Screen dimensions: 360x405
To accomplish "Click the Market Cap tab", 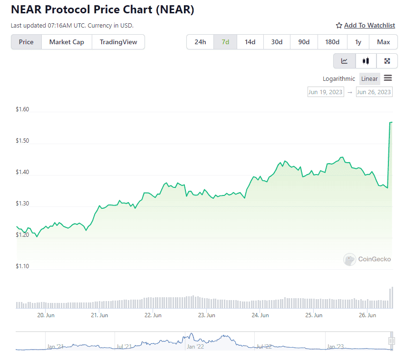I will pos(67,42).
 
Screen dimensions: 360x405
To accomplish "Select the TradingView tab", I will pos(118,42).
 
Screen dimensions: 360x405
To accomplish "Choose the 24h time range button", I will pos(200,42).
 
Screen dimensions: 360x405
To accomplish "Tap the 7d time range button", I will pos(225,42).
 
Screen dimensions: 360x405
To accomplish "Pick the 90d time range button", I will pos(304,42).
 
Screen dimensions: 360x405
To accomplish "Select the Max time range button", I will pos(383,42).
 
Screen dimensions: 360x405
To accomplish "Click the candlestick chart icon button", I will pos(366,61).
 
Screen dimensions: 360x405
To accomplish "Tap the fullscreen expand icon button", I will pos(387,61).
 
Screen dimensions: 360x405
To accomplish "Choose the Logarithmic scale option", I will pos(338,79).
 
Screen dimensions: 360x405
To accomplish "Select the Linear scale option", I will pos(369,79).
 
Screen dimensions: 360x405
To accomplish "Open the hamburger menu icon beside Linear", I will pos(388,78).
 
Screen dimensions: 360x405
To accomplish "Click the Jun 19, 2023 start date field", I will pos(325,92).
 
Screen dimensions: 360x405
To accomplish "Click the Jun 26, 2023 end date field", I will pos(374,92).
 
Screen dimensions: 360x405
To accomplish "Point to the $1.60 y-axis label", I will pos(22,109).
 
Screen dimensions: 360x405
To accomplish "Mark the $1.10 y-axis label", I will pos(22,266).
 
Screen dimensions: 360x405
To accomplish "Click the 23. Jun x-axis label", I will pos(207,315).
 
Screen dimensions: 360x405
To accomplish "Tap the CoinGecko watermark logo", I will pos(367,259).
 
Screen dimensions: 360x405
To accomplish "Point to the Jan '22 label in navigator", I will pos(195,347).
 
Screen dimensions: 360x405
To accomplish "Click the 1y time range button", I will pos(358,42).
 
